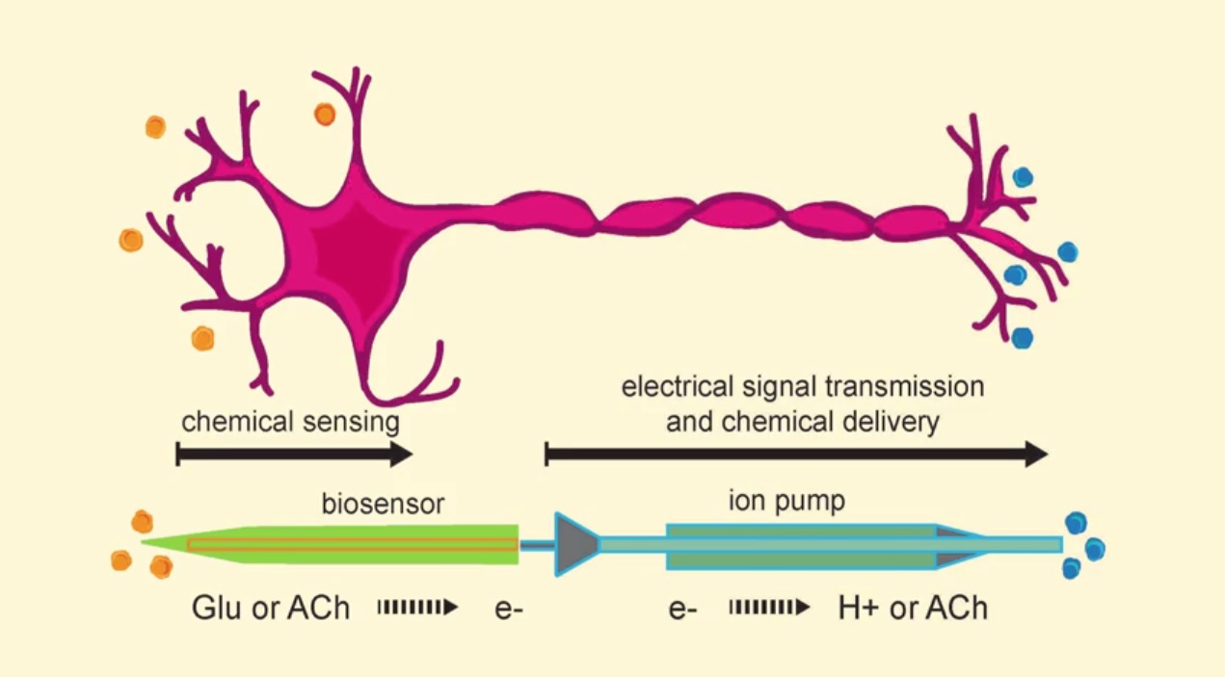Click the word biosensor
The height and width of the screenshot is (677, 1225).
tap(383, 505)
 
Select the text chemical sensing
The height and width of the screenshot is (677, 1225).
tap(290, 422)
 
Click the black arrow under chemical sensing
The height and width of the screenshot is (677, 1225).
tap(294, 455)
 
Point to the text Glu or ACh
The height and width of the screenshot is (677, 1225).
tap(271, 609)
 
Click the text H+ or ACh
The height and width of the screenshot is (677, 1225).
tap(913, 609)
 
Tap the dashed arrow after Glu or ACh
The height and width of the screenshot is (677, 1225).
tap(416, 608)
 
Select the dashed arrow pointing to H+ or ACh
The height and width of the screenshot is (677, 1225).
tap(768, 608)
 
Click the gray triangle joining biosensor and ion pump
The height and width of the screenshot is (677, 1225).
tap(575, 545)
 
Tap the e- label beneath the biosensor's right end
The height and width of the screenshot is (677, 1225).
tap(509, 610)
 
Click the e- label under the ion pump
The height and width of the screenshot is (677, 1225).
tap(681, 610)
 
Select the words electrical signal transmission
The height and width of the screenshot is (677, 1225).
tap(803, 387)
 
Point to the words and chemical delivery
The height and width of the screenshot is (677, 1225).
tap(802, 422)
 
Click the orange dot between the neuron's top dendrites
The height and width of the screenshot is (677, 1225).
tap(325, 115)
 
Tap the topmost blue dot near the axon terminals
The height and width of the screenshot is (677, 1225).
tap(1023, 177)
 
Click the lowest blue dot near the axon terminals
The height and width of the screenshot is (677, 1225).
tap(1023, 337)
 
